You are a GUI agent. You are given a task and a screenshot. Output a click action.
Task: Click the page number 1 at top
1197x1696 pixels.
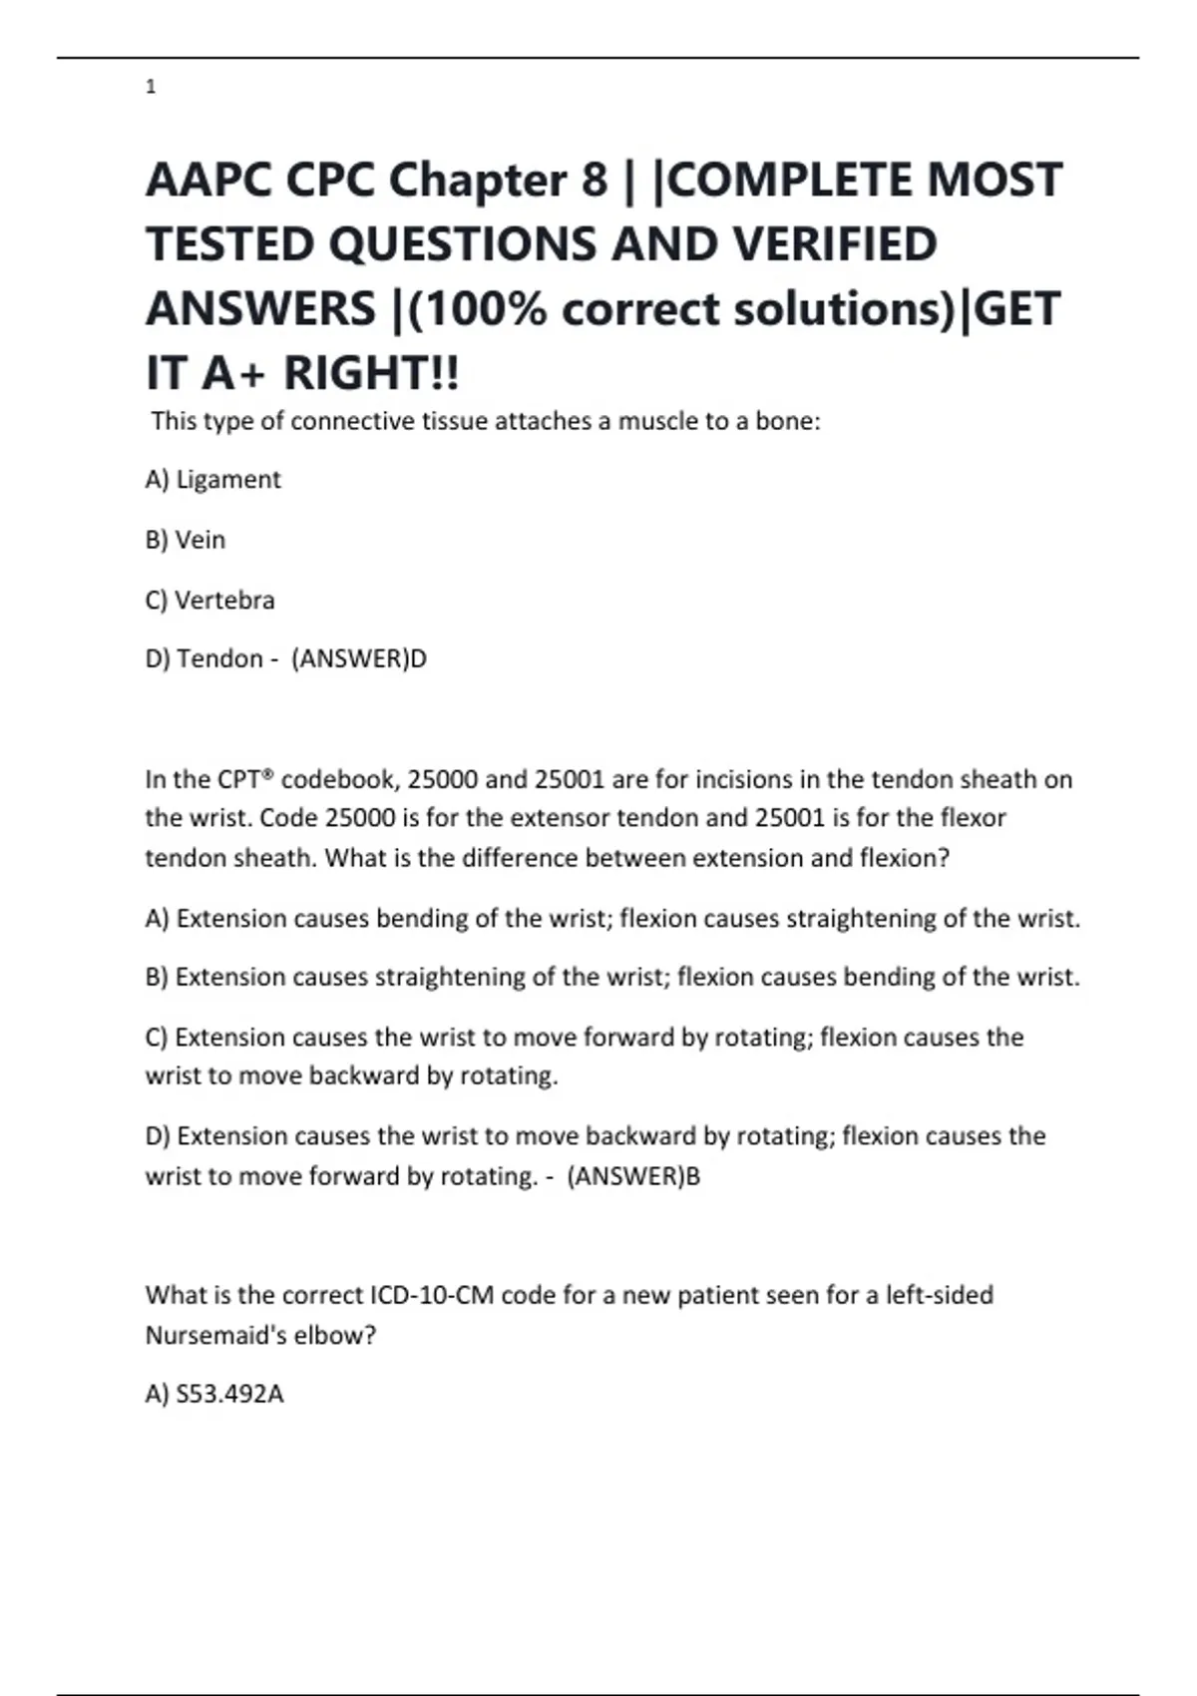[x=151, y=87]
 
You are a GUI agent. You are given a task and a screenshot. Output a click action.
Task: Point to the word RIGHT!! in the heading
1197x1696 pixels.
[x=371, y=373]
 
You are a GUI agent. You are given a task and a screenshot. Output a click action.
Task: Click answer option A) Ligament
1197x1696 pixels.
[x=213, y=480]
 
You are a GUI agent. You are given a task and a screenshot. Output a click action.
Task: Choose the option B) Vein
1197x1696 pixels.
[x=186, y=540]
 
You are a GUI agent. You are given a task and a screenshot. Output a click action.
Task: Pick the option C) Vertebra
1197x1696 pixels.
[x=209, y=601]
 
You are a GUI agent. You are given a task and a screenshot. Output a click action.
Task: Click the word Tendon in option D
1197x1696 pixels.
[x=219, y=659]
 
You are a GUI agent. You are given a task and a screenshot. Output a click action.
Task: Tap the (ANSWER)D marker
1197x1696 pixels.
[x=359, y=659]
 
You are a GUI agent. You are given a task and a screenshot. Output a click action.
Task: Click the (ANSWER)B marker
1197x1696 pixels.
[x=633, y=1176]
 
